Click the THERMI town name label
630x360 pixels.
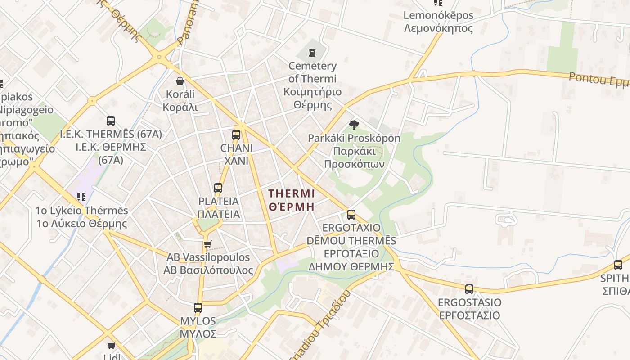(x=292, y=193)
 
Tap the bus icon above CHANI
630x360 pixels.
(x=236, y=135)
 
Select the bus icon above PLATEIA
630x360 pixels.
(x=218, y=188)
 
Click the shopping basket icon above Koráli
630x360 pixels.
(x=180, y=81)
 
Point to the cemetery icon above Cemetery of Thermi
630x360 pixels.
(x=312, y=53)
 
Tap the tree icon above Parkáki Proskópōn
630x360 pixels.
(x=354, y=125)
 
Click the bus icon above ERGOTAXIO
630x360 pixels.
(x=351, y=215)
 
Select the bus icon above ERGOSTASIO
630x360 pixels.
(x=469, y=289)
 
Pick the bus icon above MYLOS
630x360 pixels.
(x=198, y=308)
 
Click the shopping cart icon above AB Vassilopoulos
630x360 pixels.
(x=207, y=244)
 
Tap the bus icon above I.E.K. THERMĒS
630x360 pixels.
(x=111, y=121)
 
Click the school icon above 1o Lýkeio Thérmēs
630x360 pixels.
(x=81, y=197)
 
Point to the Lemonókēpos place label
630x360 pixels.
(x=438, y=15)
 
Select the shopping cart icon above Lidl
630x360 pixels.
(x=111, y=345)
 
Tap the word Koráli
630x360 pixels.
(x=180, y=94)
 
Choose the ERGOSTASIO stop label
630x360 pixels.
(x=469, y=302)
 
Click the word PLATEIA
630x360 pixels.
(x=219, y=201)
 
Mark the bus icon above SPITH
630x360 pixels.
(x=618, y=265)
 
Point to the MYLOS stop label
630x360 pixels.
(x=198, y=321)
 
